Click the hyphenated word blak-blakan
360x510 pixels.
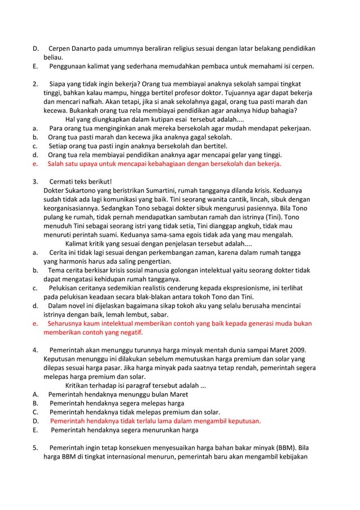tap(163, 297)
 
